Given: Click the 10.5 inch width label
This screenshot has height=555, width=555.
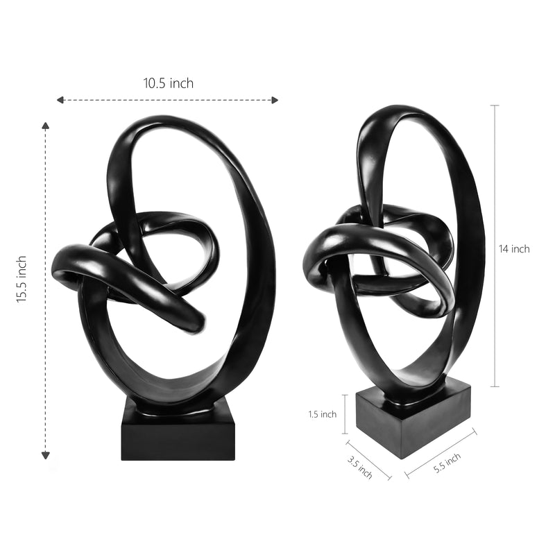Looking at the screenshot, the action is (x=169, y=83).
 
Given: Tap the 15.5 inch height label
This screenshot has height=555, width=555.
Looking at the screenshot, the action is (x=22, y=280).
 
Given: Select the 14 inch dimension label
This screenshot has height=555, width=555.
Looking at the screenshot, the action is (x=514, y=249).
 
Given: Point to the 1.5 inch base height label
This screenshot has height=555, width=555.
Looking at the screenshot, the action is (x=323, y=414).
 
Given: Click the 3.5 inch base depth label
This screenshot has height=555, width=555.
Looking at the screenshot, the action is (x=359, y=467).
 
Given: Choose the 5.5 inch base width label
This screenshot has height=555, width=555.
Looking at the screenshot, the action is (x=447, y=463).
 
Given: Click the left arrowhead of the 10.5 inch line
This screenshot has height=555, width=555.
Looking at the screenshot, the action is (x=60, y=100).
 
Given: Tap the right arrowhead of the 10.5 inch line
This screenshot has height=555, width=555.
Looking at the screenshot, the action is (x=275, y=100).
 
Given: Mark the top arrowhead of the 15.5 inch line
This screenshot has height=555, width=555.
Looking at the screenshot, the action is (x=45, y=126).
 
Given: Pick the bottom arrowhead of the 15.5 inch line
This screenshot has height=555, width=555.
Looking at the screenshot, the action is (x=45, y=456).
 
